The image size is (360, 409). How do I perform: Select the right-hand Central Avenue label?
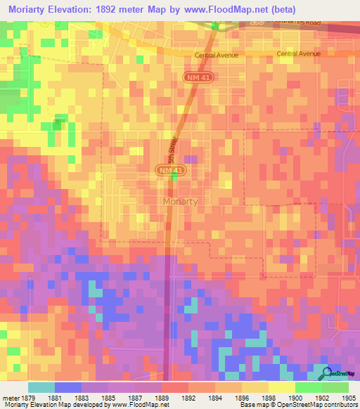[299, 53]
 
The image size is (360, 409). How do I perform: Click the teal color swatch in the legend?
[41, 387]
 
